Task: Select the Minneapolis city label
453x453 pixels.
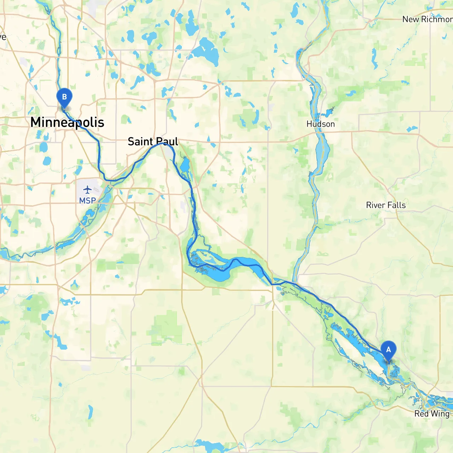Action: pos(67,122)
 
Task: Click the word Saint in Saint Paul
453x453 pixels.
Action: pos(140,142)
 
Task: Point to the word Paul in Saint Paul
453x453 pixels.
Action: pos(167,142)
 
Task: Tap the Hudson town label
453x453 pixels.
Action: pos(321,124)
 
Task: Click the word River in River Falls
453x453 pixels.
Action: pos(375,205)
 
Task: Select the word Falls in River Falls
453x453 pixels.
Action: pos(396,205)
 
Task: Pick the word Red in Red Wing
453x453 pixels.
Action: pos(421,414)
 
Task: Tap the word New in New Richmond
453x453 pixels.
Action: pos(411,19)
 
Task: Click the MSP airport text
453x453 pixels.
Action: pos(87,201)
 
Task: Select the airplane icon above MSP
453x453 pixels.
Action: pos(87,189)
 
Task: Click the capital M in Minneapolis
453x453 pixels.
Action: pos(36,122)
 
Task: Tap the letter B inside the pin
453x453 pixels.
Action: pos(64,97)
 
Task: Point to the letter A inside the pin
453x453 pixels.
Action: pos(388,349)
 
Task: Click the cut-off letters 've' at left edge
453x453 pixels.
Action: pos(3,37)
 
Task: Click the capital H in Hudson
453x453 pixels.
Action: pos(309,124)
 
